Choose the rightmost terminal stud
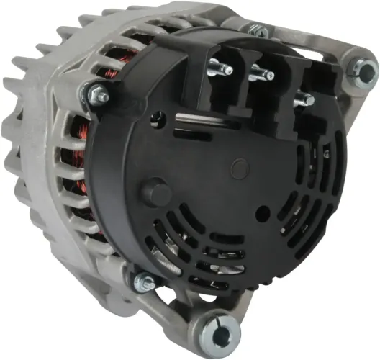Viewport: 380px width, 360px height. [x=304, y=100]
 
